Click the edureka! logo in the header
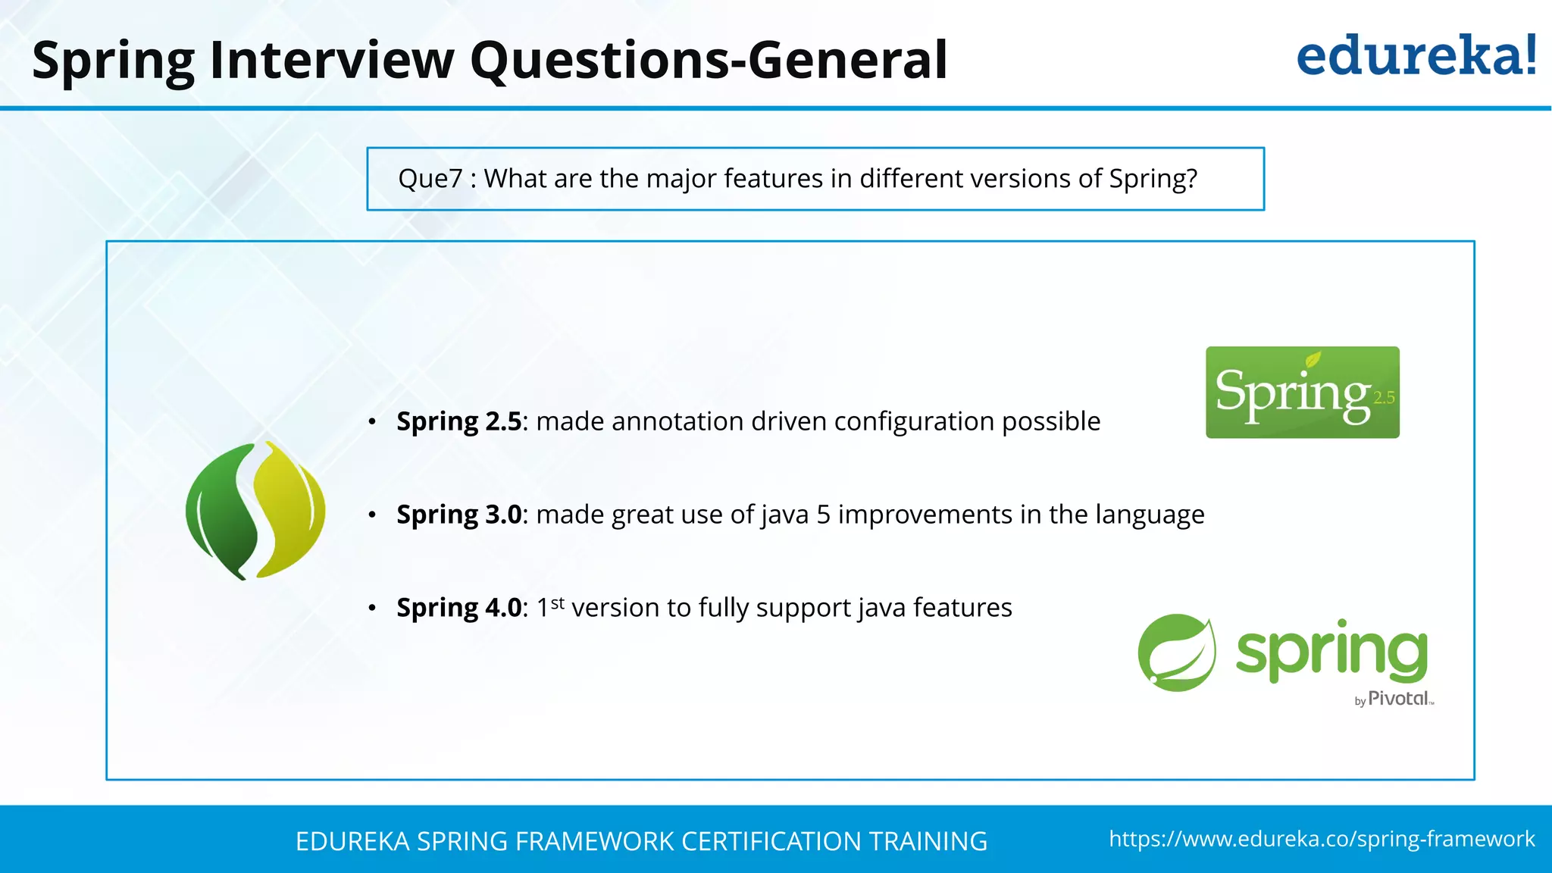(x=1416, y=56)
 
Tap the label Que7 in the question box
(x=430, y=179)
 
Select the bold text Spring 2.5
(x=459, y=421)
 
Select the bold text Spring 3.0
(x=459, y=515)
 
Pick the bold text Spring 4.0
(x=459, y=608)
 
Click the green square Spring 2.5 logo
(x=1302, y=393)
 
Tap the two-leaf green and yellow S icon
(x=255, y=511)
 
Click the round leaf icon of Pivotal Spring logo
(x=1177, y=652)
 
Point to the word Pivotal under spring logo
(x=1398, y=699)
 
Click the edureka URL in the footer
(x=1322, y=839)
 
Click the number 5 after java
(x=823, y=515)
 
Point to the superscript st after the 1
(x=558, y=603)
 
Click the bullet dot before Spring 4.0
(x=372, y=609)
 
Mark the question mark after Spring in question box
(x=1191, y=179)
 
